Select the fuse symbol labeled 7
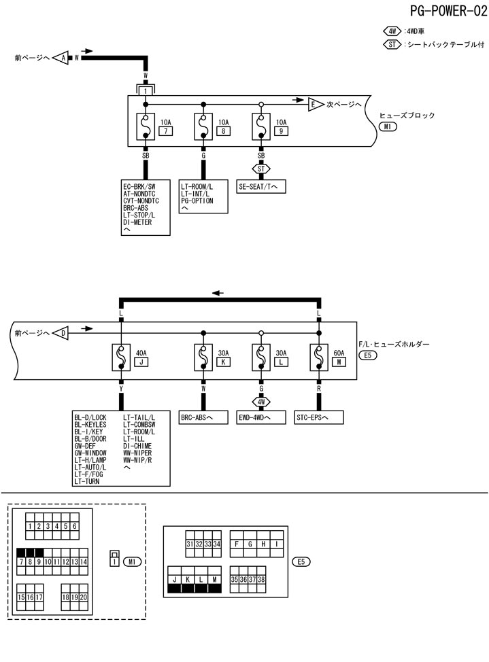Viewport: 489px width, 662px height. point(146,127)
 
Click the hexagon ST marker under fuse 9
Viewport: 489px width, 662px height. point(261,168)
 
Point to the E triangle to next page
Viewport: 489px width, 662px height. point(314,104)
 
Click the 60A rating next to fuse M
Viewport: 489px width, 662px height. point(338,353)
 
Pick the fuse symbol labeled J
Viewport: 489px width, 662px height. point(120,357)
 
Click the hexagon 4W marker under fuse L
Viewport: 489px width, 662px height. point(261,401)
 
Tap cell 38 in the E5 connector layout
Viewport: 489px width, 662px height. point(261,579)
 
